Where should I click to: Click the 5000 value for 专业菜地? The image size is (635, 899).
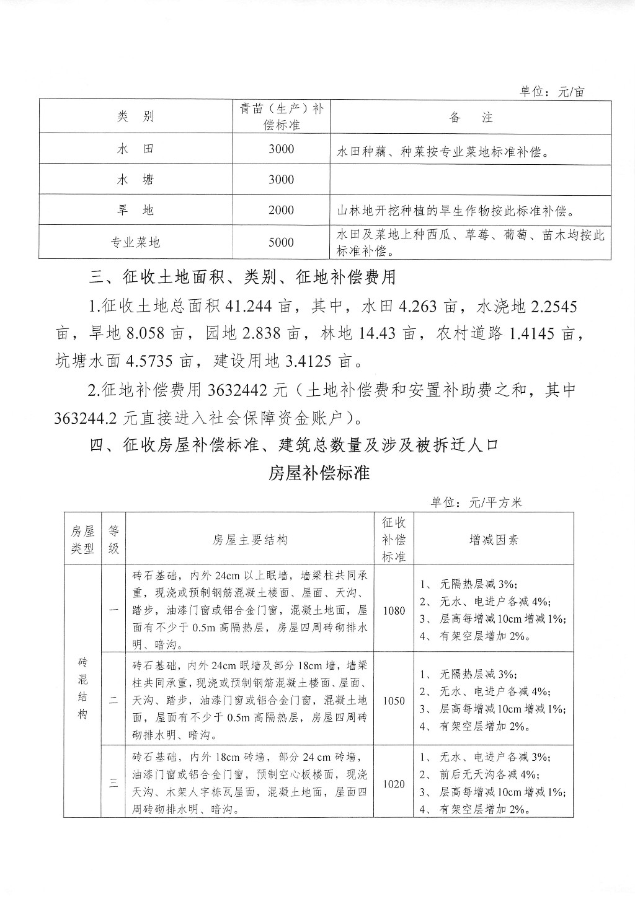click(x=281, y=242)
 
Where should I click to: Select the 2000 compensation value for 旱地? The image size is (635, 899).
click(x=281, y=211)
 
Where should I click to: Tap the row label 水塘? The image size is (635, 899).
click(x=135, y=180)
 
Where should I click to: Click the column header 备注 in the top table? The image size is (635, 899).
click(x=471, y=117)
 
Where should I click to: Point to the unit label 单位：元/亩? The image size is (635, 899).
click(x=551, y=92)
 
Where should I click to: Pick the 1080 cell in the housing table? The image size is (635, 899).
click(x=394, y=610)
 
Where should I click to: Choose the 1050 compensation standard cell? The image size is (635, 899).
click(x=394, y=701)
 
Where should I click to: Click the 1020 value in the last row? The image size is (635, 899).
click(x=394, y=784)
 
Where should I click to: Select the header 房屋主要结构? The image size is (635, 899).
click(x=250, y=539)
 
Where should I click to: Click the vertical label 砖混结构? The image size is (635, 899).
click(x=82, y=688)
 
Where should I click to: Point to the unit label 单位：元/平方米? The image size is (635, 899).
click(x=476, y=502)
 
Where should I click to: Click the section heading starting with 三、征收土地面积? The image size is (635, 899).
click(x=242, y=276)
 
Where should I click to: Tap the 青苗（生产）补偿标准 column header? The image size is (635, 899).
click(x=282, y=116)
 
